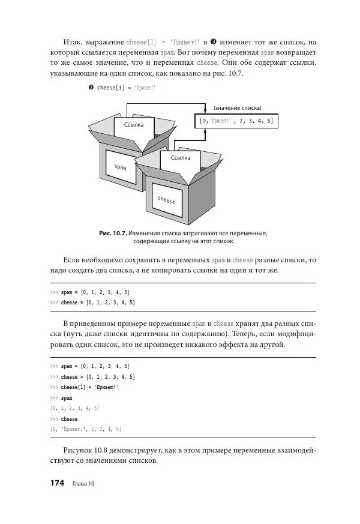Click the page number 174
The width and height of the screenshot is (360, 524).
[56, 483]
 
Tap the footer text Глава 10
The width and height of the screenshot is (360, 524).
[83, 484]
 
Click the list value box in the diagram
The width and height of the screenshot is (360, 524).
[236, 121]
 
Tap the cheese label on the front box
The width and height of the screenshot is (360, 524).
[167, 200]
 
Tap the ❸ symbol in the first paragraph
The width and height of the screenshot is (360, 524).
[214, 42]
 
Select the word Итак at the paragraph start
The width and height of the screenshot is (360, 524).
[73, 42]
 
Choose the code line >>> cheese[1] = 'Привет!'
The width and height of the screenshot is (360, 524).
[84, 387]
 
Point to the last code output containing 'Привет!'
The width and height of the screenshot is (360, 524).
[86, 429]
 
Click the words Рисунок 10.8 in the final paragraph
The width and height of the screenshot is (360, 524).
[88, 450]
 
